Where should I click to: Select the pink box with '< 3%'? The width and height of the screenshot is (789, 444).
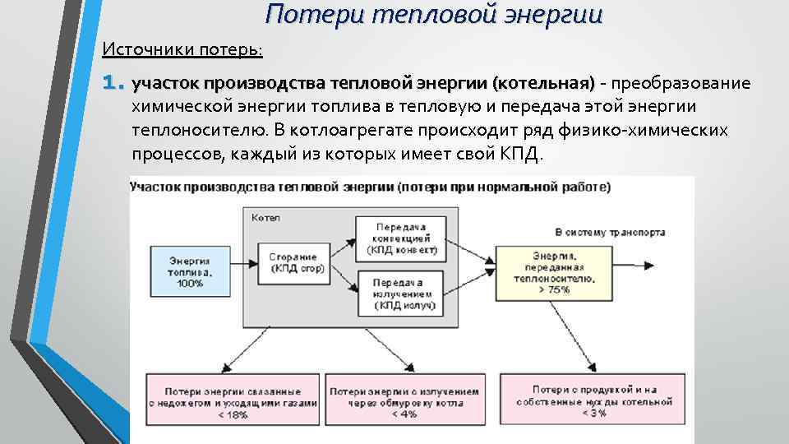594,400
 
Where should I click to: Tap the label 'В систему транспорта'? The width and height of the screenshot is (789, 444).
610,232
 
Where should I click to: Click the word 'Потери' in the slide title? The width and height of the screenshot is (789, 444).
308,14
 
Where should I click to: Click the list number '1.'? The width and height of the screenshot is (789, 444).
113,83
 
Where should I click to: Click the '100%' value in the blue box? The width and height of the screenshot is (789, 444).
189,283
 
